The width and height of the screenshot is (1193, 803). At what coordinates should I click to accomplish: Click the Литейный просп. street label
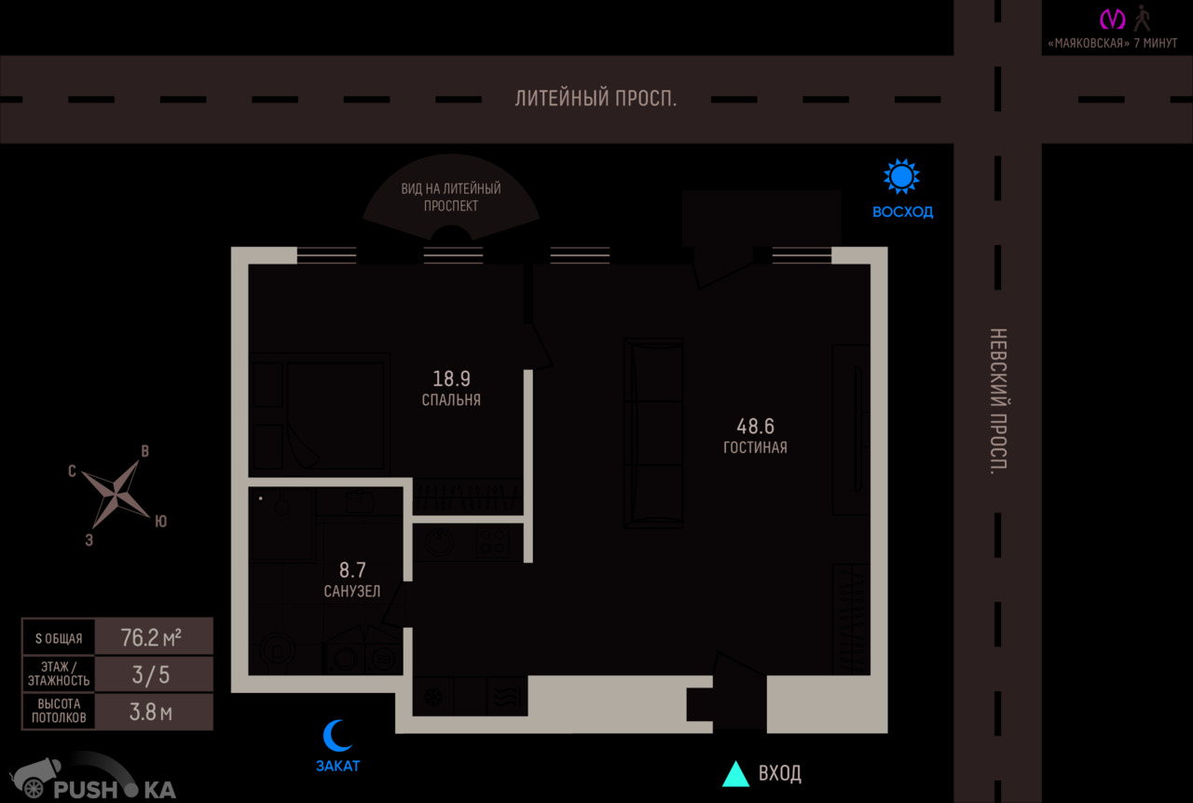pos(596,99)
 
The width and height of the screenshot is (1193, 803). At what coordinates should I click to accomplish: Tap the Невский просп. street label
pos(998,401)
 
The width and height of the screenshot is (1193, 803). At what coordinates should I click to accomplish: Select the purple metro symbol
pos(1113,20)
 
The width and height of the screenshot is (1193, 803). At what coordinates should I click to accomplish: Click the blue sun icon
pos(901,176)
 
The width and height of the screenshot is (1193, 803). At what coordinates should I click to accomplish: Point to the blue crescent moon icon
pos(336,735)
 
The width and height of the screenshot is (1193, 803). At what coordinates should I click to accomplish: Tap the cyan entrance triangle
pos(735,773)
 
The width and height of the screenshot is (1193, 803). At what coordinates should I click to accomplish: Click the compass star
pos(117,494)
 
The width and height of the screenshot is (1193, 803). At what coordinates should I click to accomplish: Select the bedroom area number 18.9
pos(451,378)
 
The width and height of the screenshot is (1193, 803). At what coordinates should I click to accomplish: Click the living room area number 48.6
pos(755,426)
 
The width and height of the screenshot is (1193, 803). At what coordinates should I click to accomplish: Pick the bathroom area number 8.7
pos(352,570)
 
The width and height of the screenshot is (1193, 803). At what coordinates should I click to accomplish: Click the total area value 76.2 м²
pos(151,637)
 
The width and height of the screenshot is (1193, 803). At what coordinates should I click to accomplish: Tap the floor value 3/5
pos(151,674)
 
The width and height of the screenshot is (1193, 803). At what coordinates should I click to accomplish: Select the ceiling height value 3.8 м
pos(151,712)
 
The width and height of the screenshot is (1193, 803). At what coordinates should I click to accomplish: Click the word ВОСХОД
pos(903,212)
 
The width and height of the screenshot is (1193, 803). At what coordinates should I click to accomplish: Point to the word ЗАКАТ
pos(338,767)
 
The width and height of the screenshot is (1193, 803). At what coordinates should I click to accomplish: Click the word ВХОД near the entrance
pos(780,773)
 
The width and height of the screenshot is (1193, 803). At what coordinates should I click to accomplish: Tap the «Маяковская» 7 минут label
pos(1113,43)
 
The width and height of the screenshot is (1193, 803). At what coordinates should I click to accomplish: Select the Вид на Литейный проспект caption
pos(451,197)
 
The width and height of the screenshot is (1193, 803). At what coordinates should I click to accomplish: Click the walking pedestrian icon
pos(1143,19)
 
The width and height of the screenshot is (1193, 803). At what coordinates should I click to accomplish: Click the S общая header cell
pos(59,638)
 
